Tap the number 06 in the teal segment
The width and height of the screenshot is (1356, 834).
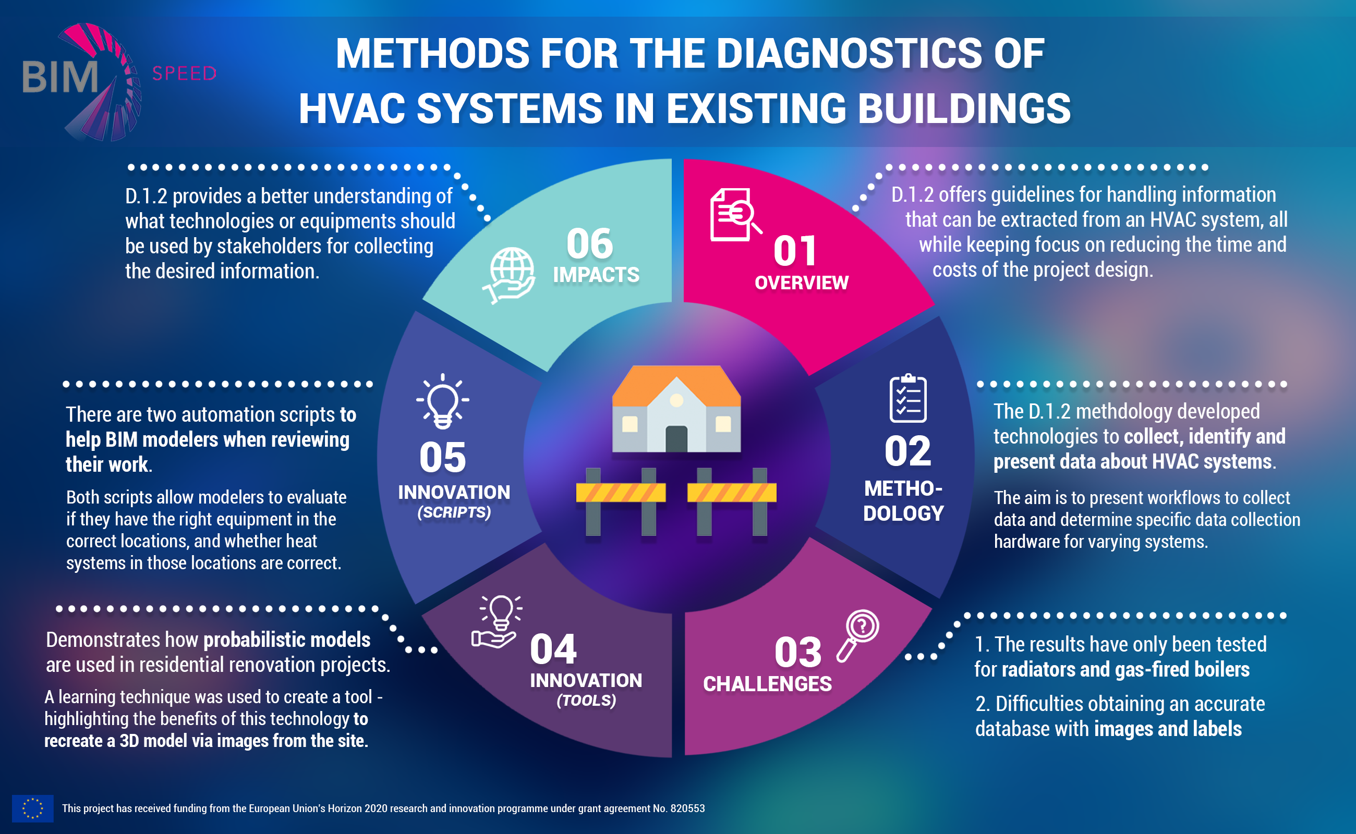pyautogui.click(x=589, y=244)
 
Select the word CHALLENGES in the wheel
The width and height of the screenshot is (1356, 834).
pyautogui.click(x=767, y=684)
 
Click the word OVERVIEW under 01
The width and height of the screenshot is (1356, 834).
pyautogui.click(x=802, y=283)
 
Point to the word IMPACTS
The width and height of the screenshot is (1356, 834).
pyautogui.click(x=596, y=275)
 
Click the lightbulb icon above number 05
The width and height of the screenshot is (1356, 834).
pyautogui.click(x=443, y=401)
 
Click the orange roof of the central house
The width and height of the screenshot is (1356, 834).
pyautogui.click(x=676, y=383)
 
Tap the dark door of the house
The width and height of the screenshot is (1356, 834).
pyautogui.click(x=676, y=439)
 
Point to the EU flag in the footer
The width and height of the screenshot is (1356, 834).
pyautogui.click(x=32, y=808)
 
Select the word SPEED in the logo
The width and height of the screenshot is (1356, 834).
pyautogui.click(x=184, y=73)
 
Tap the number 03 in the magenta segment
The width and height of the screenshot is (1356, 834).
pyautogui.click(x=797, y=653)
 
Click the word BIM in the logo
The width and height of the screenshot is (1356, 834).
pyautogui.click(x=59, y=77)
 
